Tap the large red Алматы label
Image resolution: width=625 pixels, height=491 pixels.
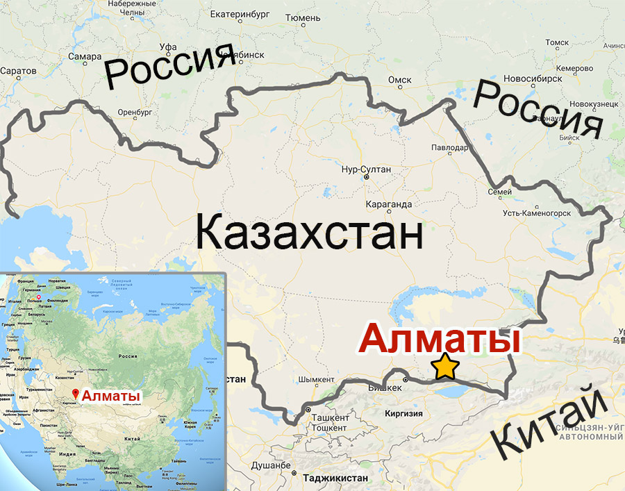click(x=441, y=341)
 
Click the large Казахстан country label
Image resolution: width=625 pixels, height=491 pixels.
click(x=310, y=233)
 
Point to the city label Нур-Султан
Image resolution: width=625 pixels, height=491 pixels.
click(x=367, y=169)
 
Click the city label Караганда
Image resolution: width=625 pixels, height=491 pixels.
click(x=388, y=204)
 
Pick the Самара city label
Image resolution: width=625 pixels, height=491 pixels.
click(x=85, y=56)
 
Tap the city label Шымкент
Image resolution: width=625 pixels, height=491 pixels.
click(x=316, y=380)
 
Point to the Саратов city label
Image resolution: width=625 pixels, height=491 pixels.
click(x=19, y=71)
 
